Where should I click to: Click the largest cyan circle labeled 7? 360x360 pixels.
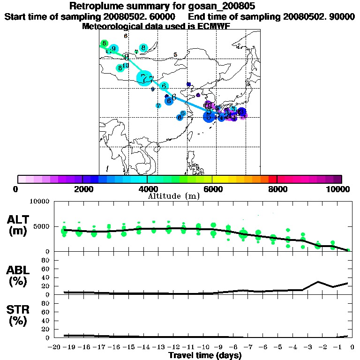click(x=144, y=78)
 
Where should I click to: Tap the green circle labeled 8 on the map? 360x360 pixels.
click(x=104, y=44)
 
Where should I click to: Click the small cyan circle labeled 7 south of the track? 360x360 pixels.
click(x=158, y=105)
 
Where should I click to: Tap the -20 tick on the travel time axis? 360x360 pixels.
click(x=55, y=347)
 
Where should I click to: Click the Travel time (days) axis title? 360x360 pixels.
click(x=205, y=356)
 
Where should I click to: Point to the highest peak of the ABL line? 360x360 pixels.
click(x=318, y=282)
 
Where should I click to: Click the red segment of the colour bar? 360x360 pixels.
click(x=272, y=179)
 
